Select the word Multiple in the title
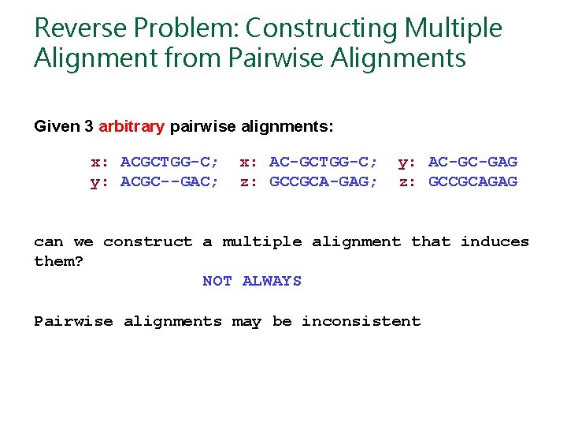coord(453,28)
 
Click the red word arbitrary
coord(132,126)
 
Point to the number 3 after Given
coord(89,126)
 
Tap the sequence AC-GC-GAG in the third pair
coord(472,163)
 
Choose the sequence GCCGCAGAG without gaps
coord(472,182)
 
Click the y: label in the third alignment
coord(407,163)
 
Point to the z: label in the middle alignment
coord(249,182)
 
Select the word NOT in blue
coord(217,281)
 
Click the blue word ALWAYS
coord(272,281)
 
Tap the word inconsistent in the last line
coord(361,321)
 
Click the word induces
coord(495,241)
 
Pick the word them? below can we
coord(58,261)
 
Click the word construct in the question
coord(147,241)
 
